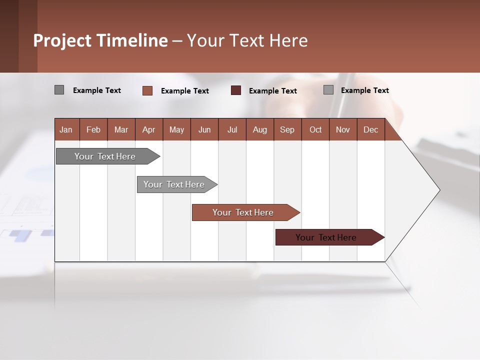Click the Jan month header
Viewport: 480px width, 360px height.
click(x=66, y=129)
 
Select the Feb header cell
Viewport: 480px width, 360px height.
click(x=93, y=129)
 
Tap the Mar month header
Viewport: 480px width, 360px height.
click(x=121, y=129)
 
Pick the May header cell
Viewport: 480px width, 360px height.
click(x=176, y=129)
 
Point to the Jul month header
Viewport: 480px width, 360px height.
click(x=232, y=129)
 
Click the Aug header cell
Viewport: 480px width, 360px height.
click(x=260, y=129)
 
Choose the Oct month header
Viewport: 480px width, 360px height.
click(x=315, y=129)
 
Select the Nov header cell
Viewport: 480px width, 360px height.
click(x=343, y=129)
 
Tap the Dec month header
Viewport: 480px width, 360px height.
click(x=371, y=129)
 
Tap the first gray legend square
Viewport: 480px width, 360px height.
click(x=59, y=90)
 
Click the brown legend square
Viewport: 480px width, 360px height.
click(x=147, y=90)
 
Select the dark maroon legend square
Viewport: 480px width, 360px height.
click(x=236, y=90)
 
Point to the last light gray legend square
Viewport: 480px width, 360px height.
click(x=328, y=90)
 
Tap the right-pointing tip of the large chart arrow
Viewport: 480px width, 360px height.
click(x=438, y=190)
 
